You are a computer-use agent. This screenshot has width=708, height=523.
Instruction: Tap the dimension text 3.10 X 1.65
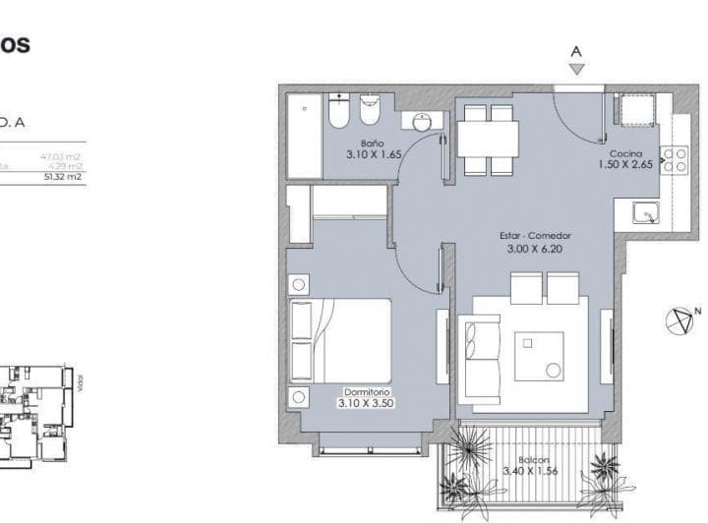point(374,154)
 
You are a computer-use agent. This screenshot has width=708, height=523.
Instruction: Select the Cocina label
point(625,154)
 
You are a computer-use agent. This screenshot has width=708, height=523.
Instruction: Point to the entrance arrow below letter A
point(577,69)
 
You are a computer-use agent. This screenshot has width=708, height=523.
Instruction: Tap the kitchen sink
point(645,211)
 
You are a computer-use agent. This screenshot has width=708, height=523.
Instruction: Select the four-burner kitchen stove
point(674,160)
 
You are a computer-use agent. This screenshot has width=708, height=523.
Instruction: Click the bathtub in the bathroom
point(303,137)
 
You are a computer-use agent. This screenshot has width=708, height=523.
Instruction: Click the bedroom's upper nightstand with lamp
point(299,285)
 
